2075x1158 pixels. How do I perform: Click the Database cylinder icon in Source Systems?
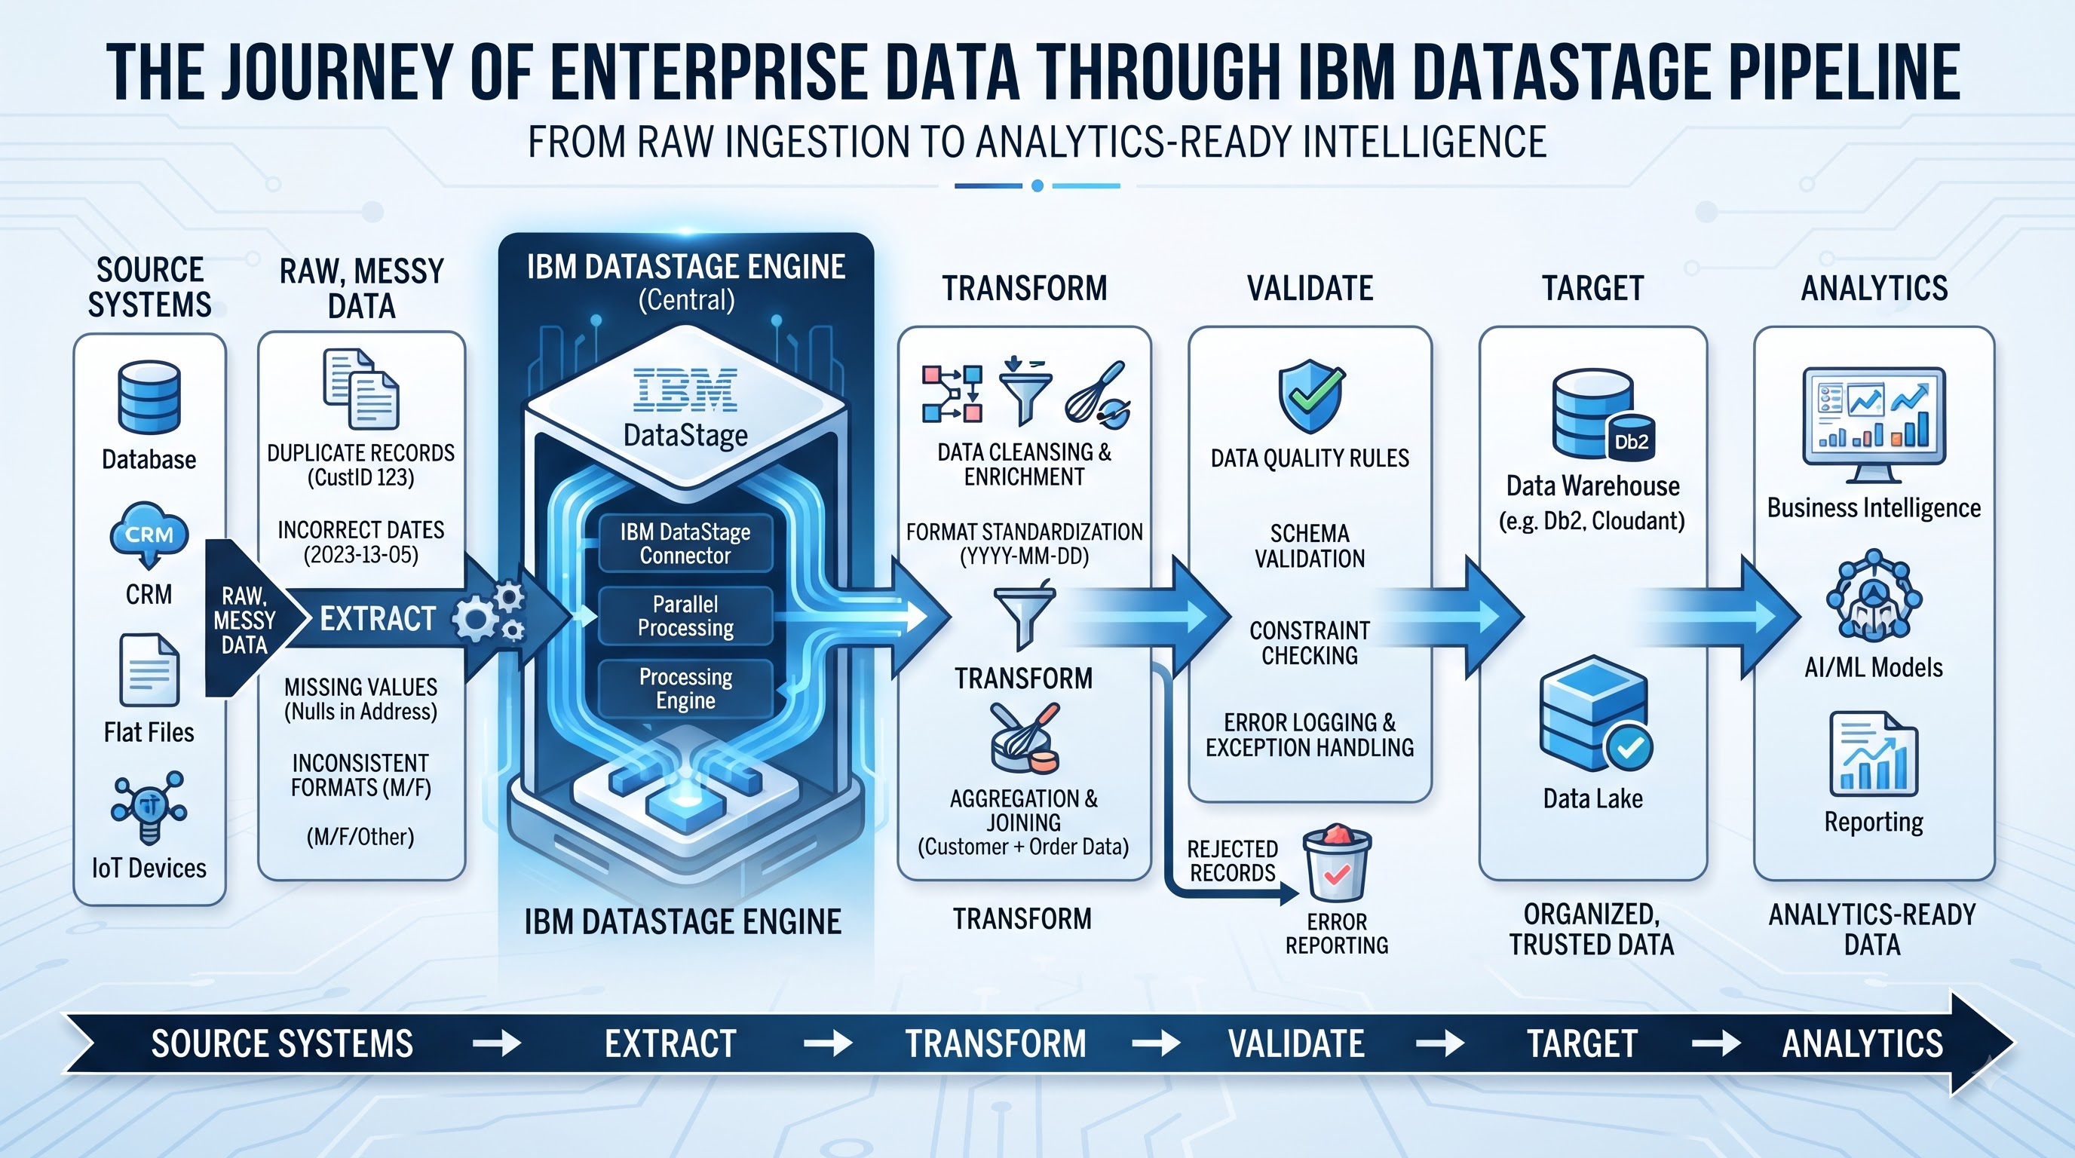click(149, 397)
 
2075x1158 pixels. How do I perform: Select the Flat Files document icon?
click(149, 670)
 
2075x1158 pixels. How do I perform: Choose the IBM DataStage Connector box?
click(685, 544)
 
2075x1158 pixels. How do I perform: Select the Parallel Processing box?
click(685, 616)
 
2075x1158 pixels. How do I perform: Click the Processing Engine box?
click(685, 688)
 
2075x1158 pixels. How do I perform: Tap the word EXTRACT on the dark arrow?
click(378, 618)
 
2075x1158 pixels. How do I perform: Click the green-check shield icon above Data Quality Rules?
click(1311, 397)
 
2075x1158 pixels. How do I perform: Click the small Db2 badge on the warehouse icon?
click(1631, 440)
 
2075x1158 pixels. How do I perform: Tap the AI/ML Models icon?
click(1874, 596)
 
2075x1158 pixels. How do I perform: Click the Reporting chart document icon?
click(1874, 755)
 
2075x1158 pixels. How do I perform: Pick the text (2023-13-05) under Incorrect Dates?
click(361, 555)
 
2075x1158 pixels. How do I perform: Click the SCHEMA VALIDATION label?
click(1310, 546)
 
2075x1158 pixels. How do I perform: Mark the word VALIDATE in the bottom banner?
click(1296, 1043)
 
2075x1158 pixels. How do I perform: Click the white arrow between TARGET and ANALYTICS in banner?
click(1716, 1044)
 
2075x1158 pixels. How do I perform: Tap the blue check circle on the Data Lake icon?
click(1629, 748)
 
